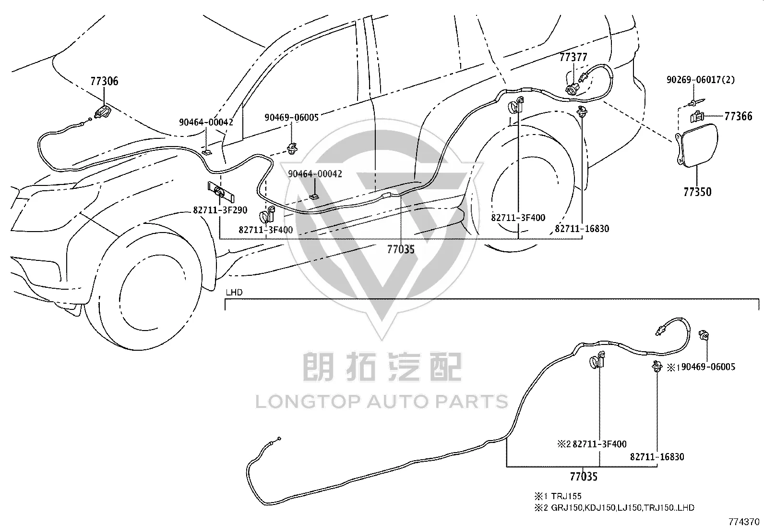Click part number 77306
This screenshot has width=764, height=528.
(x=104, y=81)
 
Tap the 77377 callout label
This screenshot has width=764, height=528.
(x=573, y=57)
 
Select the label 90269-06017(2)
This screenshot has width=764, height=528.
(x=701, y=80)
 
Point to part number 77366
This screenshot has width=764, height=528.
(x=738, y=116)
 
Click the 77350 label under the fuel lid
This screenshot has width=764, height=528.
(x=697, y=192)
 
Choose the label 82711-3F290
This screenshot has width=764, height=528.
(x=220, y=210)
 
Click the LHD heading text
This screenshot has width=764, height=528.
(x=234, y=293)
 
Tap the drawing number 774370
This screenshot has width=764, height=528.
(x=744, y=522)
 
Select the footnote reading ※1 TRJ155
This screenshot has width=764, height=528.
(x=558, y=496)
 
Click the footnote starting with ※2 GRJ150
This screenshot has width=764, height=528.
(x=614, y=507)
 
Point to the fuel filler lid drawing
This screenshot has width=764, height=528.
(x=696, y=146)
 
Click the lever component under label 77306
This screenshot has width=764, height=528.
(x=103, y=111)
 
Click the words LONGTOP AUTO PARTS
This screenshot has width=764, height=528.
(x=382, y=402)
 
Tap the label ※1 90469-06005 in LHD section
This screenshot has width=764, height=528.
(x=701, y=367)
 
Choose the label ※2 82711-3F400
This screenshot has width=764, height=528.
(x=592, y=444)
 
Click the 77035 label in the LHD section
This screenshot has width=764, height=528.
(x=584, y=477)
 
